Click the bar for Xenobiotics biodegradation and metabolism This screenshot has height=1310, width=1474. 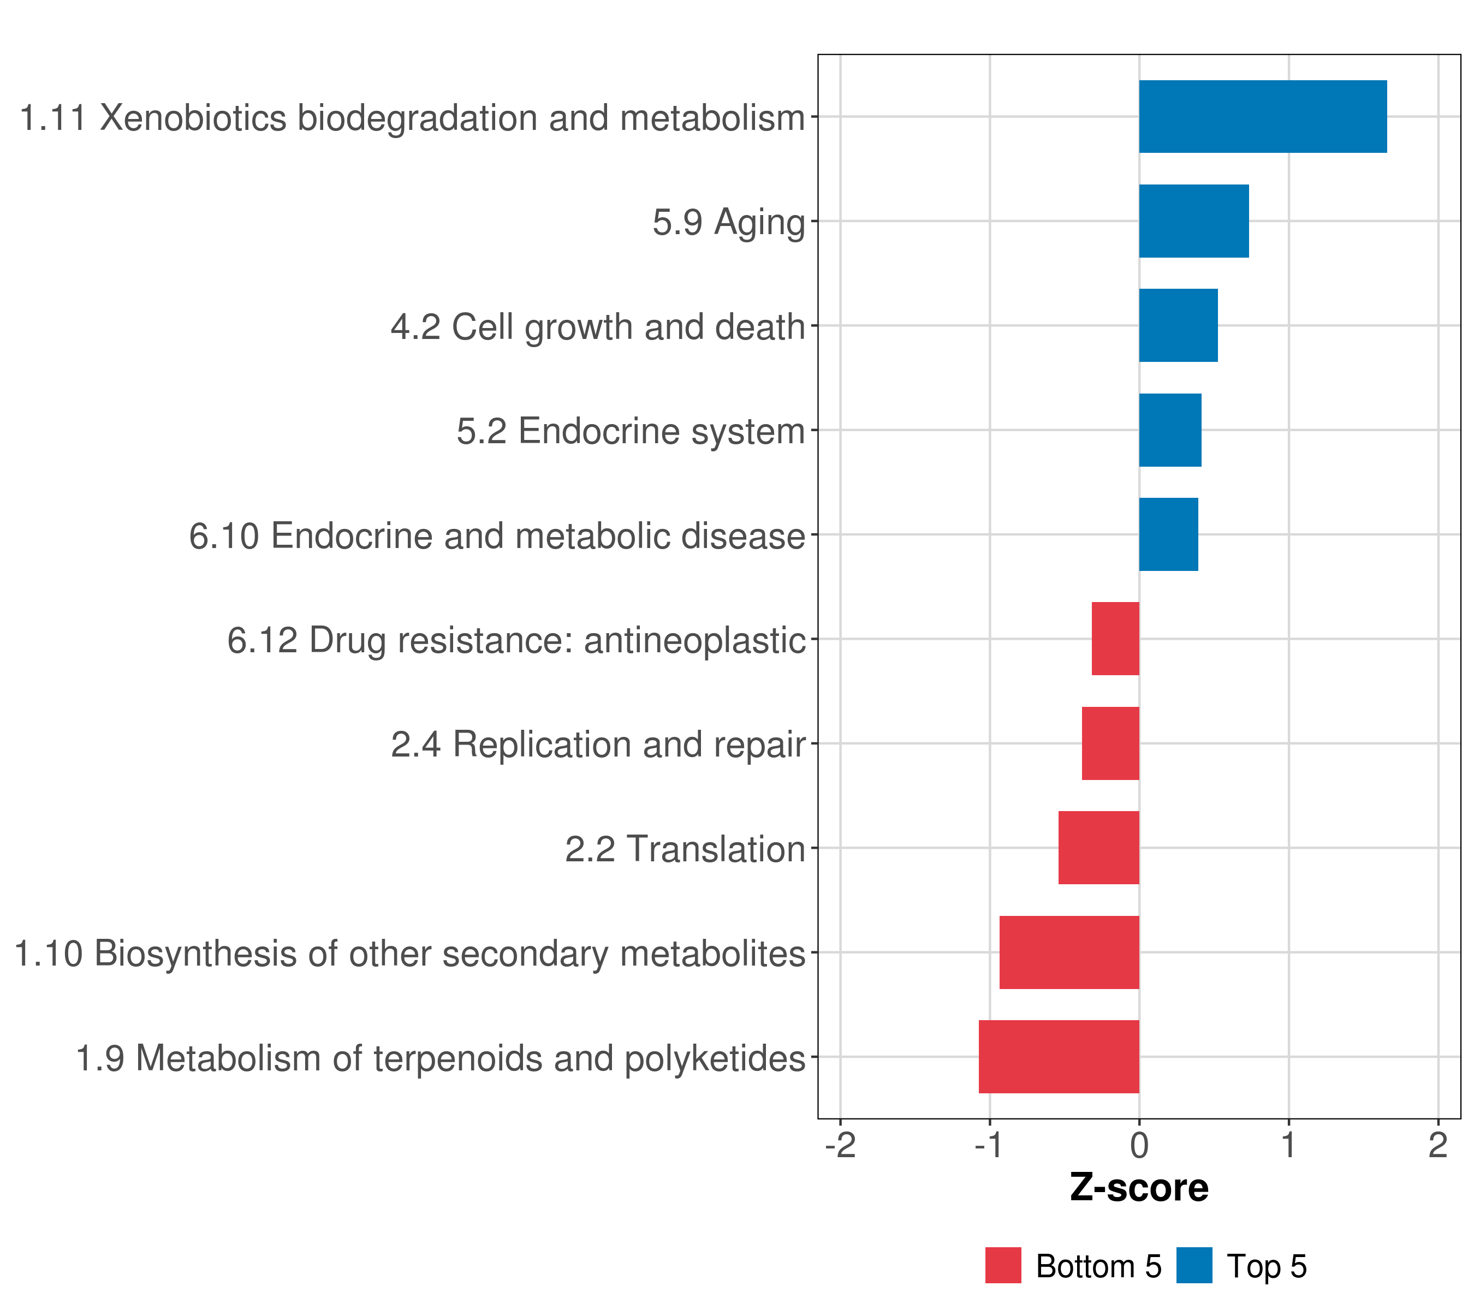pyautogui.click(x=1262, y=116)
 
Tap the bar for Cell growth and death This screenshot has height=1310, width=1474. pyautogui.click(x=1178, y=325)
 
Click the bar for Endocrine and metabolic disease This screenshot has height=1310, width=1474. pyautogui.click(x=1168, y=534)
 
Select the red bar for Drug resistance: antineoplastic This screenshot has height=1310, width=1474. pyautogui.click(x=1115, y=639)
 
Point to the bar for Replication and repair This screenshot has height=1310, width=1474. pyautogui.click(x=1110, y=743)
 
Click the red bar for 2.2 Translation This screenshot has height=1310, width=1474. pyautogui.click(x=1098, y=848)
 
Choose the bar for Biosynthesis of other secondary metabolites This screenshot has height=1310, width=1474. pyautogui.click(x=1069, y=952)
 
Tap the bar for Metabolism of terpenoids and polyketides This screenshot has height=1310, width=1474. pyautogui.click(x=1059, y=1057)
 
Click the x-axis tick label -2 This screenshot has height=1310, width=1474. pyautogui.click(x=840, y=1145)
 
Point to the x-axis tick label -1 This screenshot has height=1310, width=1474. pyautogui.click(x=989, y=1145)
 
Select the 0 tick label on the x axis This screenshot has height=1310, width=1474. pyautogui.click(x=1139, y=1145)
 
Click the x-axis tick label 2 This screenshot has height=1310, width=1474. pyautogui.click(x=1438, y=1145)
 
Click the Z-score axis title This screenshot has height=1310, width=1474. pyautogui.click(x=1139, y=1188)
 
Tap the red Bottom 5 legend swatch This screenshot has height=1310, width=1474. pyautogui.click(x=1003, y=1266)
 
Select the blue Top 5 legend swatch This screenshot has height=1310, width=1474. pyautogui.click(x=1194, y=1266)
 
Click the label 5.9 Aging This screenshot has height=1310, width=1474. pyautogui.click(x=728, y=222)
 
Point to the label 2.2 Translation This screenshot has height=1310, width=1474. pyautogui.click(x=685, y=849)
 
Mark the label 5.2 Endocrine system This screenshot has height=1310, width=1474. pyautogui.click(x=631, y=431)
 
